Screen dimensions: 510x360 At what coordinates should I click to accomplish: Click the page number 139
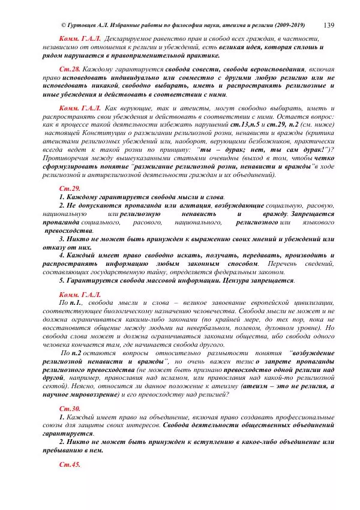click(x=329, y=25)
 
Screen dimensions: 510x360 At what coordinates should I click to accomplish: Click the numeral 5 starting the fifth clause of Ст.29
click(x=61, y=280)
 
